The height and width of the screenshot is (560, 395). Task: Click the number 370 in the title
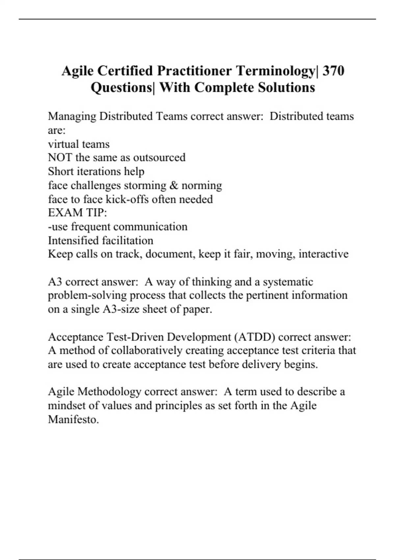(x=333, y=71)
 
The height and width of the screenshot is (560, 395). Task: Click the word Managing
(x=72, y=117)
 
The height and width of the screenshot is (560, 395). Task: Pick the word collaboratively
(x=146, y=350)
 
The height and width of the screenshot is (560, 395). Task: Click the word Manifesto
(x=73, y=420)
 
